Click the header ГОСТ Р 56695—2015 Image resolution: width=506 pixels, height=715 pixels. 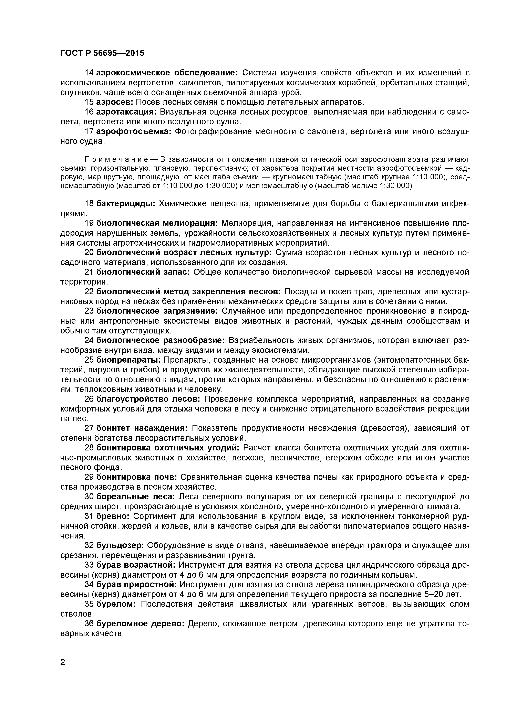[x=102, y=53]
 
